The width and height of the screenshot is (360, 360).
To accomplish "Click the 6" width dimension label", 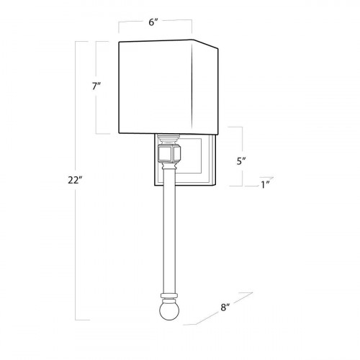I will click(x=153, y=22).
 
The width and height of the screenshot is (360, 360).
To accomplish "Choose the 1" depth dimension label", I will click(x=266, y=186).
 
